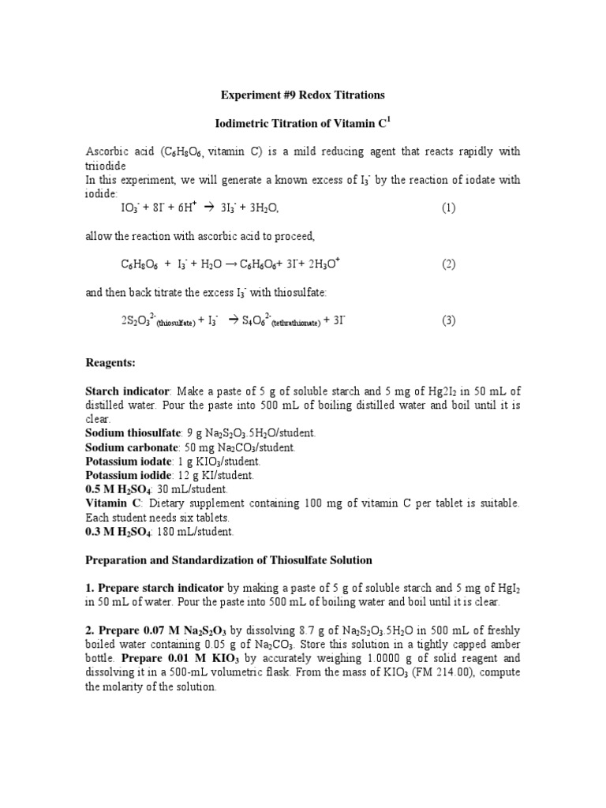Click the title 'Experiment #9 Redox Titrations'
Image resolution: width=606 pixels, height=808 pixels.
tap(302, 95)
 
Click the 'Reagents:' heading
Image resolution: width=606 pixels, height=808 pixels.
tap(110, 363)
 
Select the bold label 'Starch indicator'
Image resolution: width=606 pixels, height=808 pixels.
tap(127, 391)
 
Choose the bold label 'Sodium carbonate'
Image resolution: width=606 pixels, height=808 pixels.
tap(131, 447)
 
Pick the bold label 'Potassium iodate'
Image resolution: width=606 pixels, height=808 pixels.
tap(128, 462)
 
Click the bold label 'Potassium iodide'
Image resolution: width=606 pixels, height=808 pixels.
tap(128, 476)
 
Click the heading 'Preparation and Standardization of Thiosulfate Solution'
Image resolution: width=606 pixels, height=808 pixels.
tap(228, 560)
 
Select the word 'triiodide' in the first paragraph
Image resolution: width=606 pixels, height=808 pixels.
tap(106, 166)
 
